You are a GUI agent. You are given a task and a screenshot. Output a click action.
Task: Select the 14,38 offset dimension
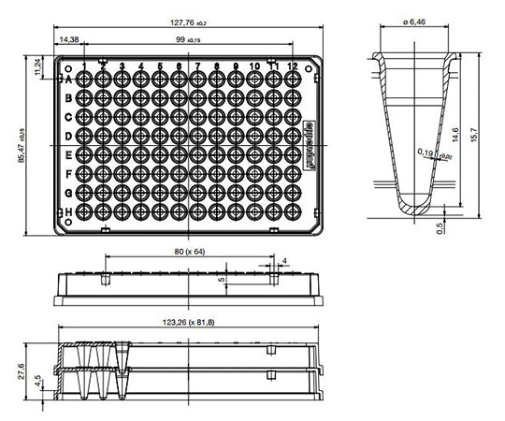(68, 40)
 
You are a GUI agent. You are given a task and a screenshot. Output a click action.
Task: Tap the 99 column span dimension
(193, 40)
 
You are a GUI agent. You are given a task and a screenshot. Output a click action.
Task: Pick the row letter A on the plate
(68, 80)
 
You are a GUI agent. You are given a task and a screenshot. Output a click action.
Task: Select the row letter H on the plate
(68, 212)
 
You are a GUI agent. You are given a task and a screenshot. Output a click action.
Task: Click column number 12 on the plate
(292, 66)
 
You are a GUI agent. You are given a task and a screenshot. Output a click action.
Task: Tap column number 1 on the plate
(85, 66)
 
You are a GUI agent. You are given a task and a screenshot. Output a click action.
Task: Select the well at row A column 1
(85, 80)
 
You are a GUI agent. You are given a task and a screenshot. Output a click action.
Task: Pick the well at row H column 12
(292, 212)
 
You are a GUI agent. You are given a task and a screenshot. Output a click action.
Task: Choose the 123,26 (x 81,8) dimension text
(187, 322)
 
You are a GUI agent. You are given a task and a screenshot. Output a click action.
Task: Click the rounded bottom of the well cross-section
(415, 203)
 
